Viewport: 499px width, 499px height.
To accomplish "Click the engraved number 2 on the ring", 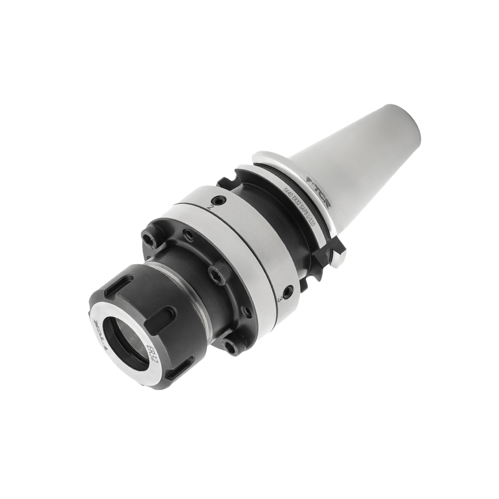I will [212, 206].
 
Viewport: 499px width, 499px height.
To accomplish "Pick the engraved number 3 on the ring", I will [282, 298].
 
